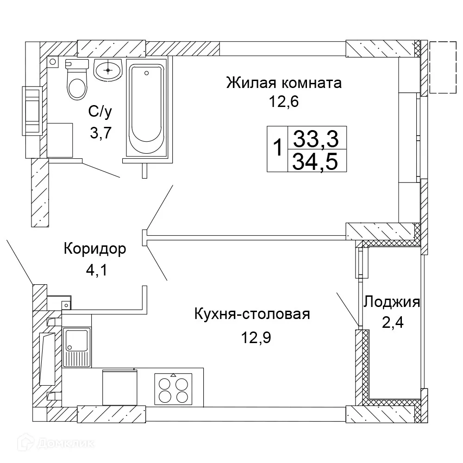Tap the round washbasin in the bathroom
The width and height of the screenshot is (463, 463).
pyautogui.click(x=108, y=70)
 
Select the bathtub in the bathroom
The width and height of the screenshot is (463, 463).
pyautogui.click(x=146, y=109)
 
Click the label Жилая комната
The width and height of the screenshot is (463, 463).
pyautogui.click(x=284, y=83)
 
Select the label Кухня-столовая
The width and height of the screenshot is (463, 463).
pyautogui.click(x=252, y=314)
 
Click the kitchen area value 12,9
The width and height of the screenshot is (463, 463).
pyautogui.click(x=255, y=338)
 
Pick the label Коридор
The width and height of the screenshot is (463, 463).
pyautogui.click(x=95, y=249)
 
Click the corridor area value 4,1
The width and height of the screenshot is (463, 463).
pyautogui.click(x=96, y=270)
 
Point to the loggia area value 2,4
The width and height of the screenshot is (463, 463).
pyautogui.click(x=393, y=322)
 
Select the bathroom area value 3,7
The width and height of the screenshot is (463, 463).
pyautogui.click(x=101, y=134)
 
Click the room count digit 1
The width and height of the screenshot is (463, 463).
pyautogui.click(x=277, y=149)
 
